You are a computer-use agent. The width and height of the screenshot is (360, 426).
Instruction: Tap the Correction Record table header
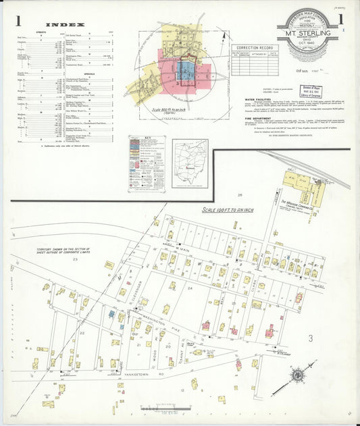pos(254,48)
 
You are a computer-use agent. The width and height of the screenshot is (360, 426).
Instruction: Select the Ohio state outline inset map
pos(190,162)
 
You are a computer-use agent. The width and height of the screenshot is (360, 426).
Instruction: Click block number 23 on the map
pos(76,259)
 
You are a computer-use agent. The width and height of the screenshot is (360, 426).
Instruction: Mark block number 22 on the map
pos(82,332)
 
